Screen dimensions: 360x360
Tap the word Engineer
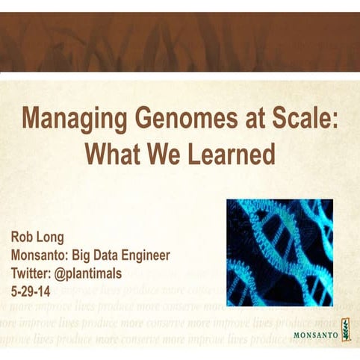pyautogui.click(x=144, y=255)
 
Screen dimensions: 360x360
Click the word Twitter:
pyautogui.click(x=34, y=273)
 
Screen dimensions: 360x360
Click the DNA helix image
pyautogui.click(x=279, y=252)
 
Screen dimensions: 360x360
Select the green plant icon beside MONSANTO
pyautogui.click(x=345, y=329)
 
